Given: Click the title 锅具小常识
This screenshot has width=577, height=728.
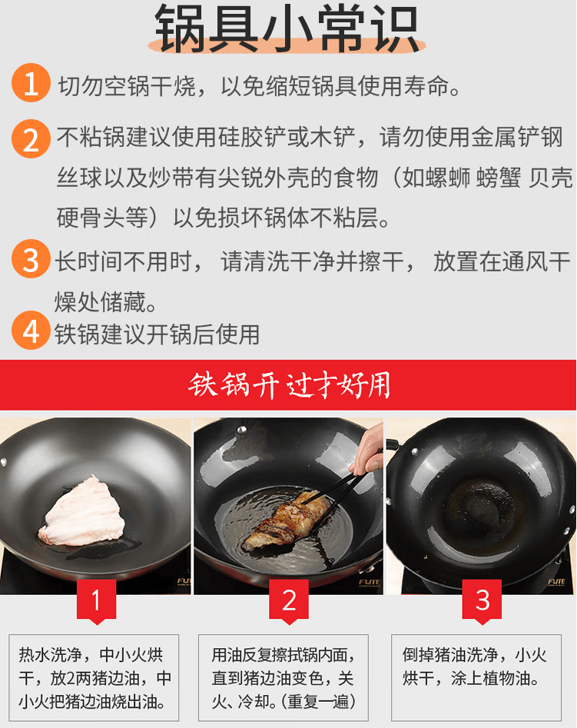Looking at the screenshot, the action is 287,28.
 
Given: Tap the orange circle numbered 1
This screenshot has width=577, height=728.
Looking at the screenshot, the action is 31,83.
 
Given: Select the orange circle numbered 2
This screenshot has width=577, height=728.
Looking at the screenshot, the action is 31,138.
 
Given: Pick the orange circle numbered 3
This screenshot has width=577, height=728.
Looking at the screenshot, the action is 31,258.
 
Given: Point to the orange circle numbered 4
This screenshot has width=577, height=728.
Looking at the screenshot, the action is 31,330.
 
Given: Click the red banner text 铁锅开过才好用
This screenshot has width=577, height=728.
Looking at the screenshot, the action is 289,385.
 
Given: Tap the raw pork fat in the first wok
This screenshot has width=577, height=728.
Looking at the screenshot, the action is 83,510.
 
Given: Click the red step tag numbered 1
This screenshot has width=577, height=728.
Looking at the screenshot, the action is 96,602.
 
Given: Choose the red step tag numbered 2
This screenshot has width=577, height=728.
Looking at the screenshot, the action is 289,602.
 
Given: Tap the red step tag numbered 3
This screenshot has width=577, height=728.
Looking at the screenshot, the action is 482,602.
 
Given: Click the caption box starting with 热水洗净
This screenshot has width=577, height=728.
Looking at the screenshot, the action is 94,678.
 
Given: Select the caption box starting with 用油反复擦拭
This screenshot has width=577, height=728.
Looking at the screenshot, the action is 284,678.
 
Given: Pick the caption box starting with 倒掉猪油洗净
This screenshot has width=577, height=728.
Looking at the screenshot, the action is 476,678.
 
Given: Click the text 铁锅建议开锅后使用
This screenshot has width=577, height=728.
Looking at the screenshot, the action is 157,334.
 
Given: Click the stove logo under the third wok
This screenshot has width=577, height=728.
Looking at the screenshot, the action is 556,582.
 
